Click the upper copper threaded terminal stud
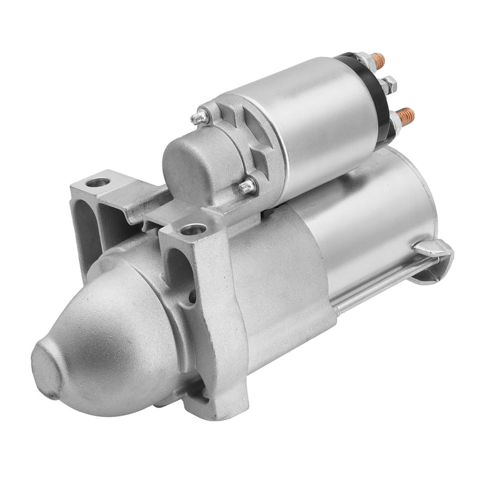378,59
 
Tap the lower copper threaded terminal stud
407,115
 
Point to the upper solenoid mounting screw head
199,118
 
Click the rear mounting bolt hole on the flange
98,182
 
